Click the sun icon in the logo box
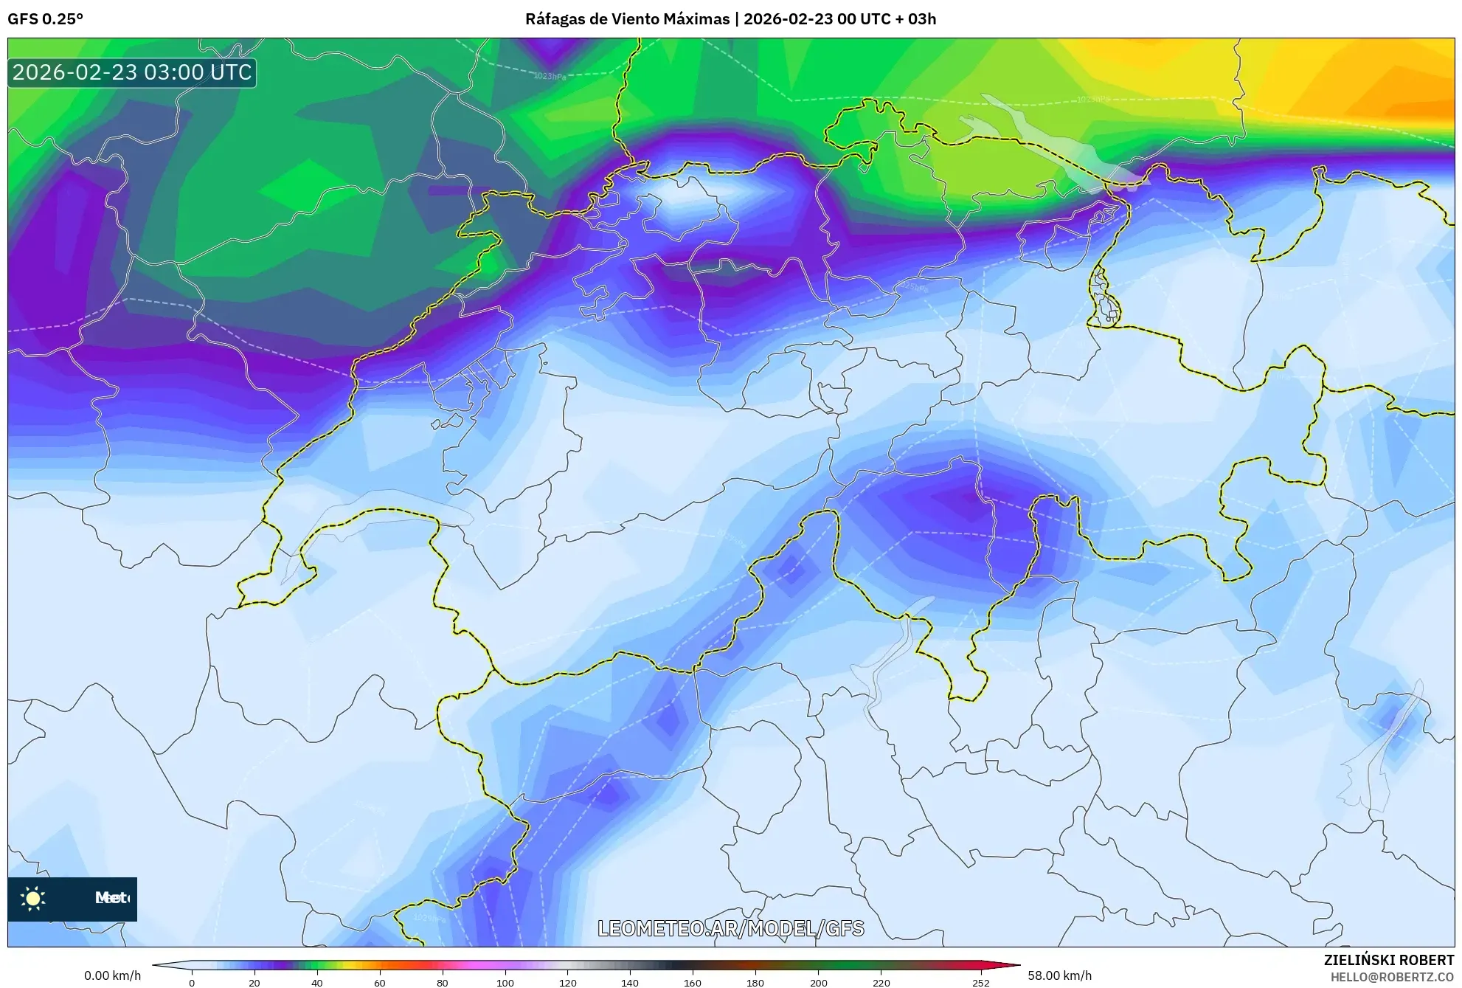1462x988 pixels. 33,898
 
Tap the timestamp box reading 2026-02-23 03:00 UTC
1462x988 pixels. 132,72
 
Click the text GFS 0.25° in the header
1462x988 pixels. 46,19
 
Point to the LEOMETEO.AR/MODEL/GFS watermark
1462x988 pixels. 730,928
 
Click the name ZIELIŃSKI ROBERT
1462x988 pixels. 1389,960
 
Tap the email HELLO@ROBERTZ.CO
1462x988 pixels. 1392,977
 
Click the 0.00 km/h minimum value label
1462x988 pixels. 112,975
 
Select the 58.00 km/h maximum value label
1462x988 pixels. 1059,975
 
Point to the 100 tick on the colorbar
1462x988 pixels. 505,982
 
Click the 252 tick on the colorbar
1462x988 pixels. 980,982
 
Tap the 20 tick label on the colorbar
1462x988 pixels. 254,982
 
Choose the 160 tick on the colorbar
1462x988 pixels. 693,982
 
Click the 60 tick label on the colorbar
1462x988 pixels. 380,982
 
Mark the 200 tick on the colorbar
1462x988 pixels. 818,982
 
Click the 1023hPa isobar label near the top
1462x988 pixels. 550,76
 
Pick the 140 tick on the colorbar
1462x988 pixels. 630,982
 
